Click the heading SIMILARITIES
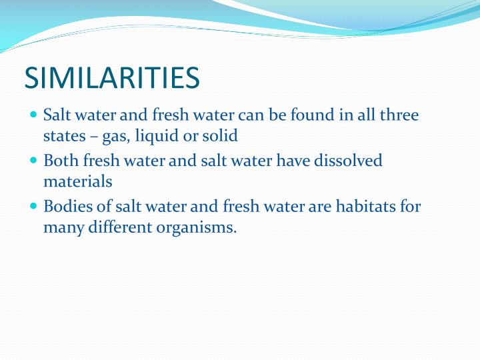coord(112,78)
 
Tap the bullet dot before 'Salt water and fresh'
coord(34,115)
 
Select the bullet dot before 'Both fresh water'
coord(34,161)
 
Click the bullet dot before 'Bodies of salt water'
coord(34,206)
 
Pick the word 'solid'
coord(219,137)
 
